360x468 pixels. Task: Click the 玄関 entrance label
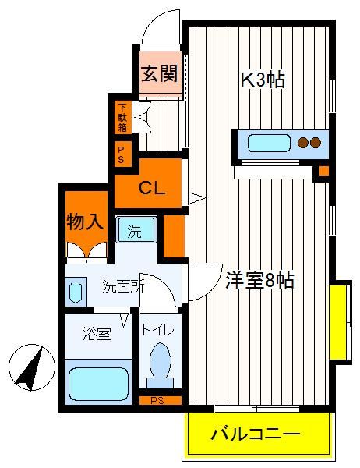click(x=159, y=73)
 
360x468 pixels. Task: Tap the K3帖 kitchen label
click(x=263, y=80)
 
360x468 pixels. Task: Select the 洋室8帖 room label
click(x=259, y=280)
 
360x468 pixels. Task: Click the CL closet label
click(x=152, y=188)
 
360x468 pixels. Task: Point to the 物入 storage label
click(x=85, y=222)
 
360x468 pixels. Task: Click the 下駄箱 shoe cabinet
click(x=122, y=117)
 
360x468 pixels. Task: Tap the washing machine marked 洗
click(x=136, y=229)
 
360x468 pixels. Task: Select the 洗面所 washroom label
click(x=123, y=286)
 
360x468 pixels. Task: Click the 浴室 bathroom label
click(x=97, y=334)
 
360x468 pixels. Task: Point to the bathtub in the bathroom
click(x=98, y=384)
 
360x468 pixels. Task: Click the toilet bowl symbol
click(x=161, y=366)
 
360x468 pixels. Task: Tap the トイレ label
click(x=157, y=330)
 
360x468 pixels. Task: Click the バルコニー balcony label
click(x=255, y=434)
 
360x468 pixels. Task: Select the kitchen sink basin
click(x=269, y=144)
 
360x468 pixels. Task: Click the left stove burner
click(x=303, y=143)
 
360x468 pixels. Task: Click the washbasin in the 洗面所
click(x=76, y=292)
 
